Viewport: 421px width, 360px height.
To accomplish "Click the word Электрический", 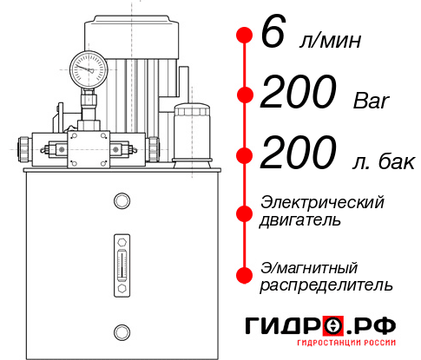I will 322,202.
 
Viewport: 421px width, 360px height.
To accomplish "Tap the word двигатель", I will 300,219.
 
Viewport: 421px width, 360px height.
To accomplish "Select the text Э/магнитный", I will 309,266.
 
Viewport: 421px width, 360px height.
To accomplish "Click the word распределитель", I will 326,284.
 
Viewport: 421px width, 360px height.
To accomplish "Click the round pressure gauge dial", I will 88,66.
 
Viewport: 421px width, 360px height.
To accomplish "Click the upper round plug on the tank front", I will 122,202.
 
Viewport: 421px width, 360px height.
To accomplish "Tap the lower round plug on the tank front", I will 122,330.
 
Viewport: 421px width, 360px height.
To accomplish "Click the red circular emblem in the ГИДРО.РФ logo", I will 334,325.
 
